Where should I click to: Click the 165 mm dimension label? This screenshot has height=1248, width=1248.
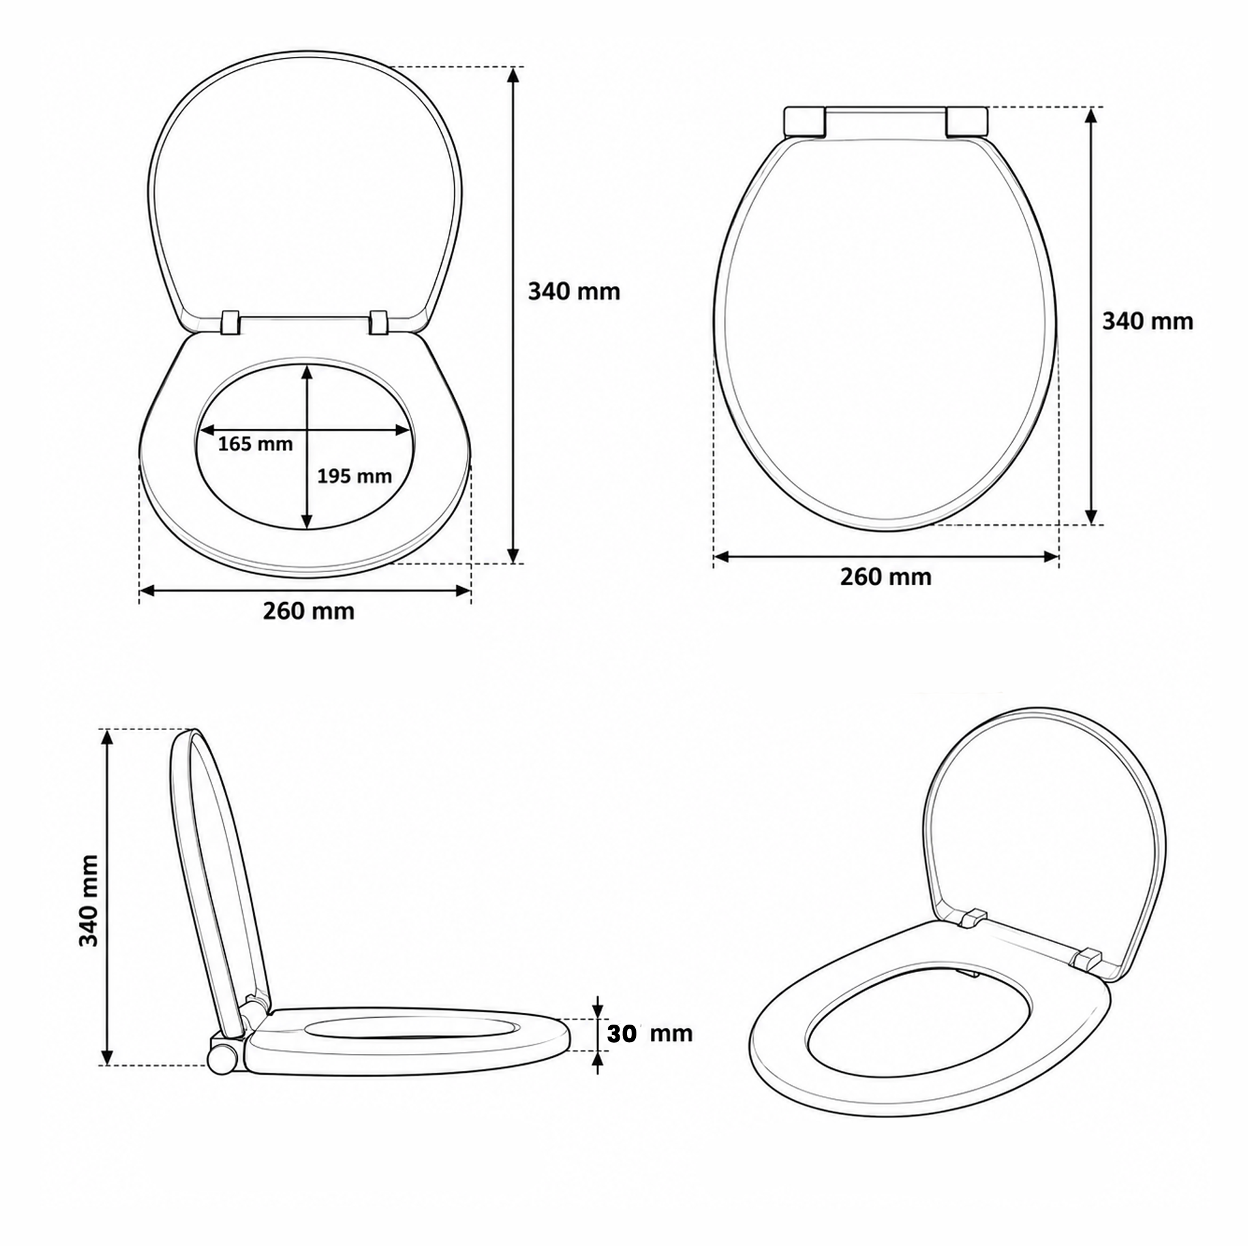[255, 444]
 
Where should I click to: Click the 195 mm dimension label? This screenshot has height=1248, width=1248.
[354, 476]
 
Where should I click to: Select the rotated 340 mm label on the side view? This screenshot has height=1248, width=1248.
[89, 900]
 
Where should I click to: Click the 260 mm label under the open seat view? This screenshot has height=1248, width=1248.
[309, 611]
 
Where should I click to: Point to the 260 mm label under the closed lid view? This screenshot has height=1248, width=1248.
[885, 577]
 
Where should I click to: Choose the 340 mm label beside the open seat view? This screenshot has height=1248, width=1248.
[574, 292]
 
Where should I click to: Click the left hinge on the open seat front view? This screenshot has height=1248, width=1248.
[230, 323]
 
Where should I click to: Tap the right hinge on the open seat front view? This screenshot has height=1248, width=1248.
[380, 323]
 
